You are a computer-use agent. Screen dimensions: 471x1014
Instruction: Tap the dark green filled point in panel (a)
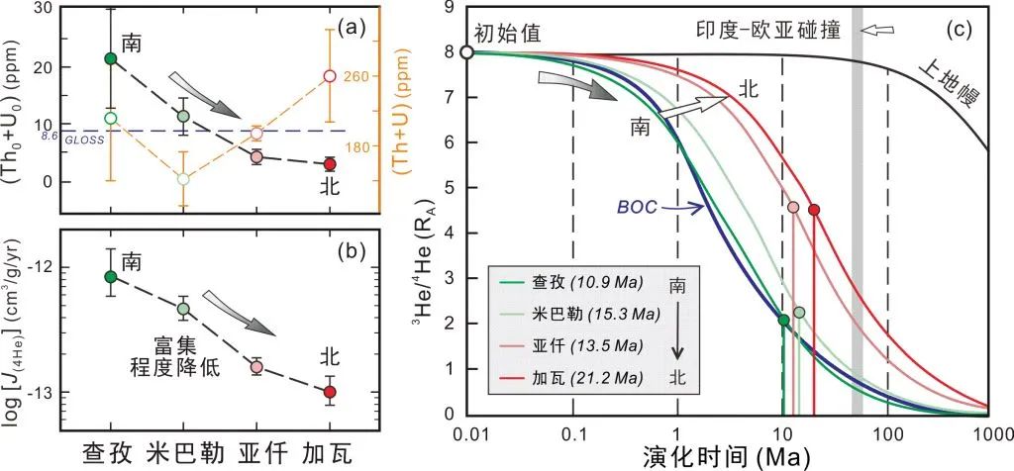click(111, 59)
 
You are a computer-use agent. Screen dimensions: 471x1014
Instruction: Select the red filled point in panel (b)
click(330, 392)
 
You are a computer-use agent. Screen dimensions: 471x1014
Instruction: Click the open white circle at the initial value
click(468, 51)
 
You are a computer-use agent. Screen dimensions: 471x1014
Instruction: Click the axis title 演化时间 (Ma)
click(730, 456)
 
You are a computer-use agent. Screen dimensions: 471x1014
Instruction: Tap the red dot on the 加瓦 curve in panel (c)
click(814, 210)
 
